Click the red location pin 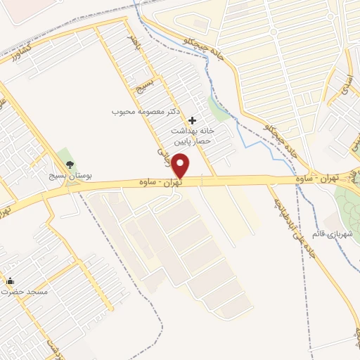pos(181,166)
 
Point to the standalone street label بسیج pos(143,91)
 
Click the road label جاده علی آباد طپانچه pos(287,225)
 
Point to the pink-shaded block pos(21,7)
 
